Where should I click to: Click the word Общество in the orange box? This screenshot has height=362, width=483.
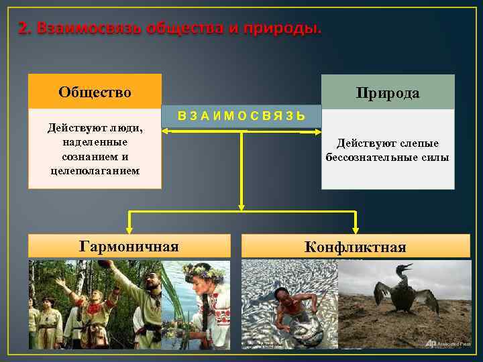tap(95, 92)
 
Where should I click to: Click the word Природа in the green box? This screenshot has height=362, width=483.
tap(388, 93)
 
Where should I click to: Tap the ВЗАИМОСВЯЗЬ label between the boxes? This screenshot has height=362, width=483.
tap(241, 116)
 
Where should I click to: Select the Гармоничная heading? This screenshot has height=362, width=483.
tap(129, 246)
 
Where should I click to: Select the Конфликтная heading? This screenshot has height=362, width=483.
tap(355, 247)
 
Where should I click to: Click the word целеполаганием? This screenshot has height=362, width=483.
tap(95, 170)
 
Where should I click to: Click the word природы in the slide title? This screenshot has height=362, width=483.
tap(286, 29)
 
